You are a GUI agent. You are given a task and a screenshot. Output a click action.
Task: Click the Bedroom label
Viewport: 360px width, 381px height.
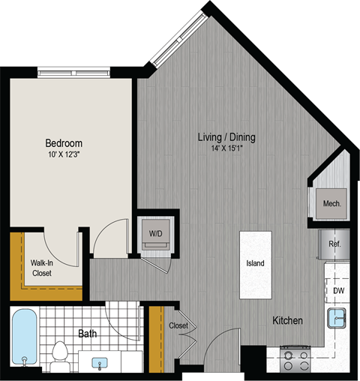point(64,142)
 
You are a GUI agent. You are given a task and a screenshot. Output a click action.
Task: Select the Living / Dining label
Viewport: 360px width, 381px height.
point(226,137)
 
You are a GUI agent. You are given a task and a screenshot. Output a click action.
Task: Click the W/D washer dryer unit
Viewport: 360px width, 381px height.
point(157,234)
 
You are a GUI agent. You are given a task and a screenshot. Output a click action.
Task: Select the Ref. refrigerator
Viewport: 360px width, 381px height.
point(334,243)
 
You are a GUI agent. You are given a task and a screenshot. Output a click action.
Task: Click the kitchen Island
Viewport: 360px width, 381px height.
point(255,264)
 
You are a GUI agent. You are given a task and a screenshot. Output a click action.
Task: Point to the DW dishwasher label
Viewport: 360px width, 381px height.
point(339,290)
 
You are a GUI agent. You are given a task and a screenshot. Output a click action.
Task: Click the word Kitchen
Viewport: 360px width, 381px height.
point(287,321)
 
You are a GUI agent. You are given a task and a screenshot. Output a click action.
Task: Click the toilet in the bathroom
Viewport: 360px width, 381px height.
point(61,354)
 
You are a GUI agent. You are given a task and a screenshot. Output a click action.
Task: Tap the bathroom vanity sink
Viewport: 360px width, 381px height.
point(100,362)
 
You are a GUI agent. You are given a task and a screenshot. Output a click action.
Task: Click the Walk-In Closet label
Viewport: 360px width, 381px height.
point(42,268)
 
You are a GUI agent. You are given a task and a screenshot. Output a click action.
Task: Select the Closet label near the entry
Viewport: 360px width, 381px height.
point(178,325)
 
